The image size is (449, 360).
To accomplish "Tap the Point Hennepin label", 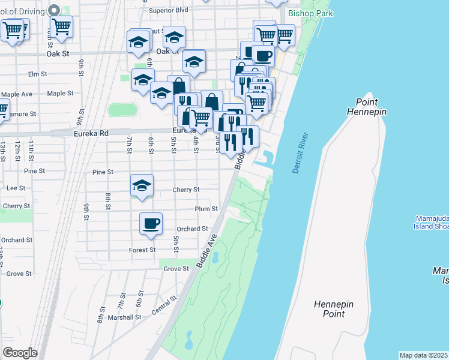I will tap(366, 106).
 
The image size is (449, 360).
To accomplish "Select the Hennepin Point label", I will tap(333, 309).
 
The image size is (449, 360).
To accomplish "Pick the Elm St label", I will tap(37, 74).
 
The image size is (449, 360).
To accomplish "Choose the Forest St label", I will tap(142, 250).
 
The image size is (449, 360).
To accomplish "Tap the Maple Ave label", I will tap(17, 94).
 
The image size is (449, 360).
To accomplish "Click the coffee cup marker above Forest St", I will tap(151, 224).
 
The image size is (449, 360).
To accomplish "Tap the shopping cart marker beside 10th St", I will tap(61, 26).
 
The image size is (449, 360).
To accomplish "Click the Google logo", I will tap(20, 353).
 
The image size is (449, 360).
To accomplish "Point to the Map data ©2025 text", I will tap(424, 355).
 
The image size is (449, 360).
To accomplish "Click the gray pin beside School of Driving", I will tap(54, 10).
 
